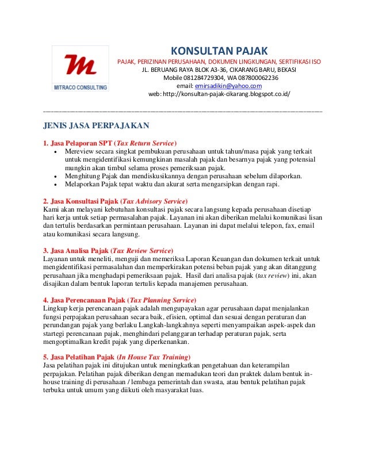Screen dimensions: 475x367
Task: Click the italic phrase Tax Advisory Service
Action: pos(154,201)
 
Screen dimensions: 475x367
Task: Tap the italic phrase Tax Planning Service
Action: pos(162,300)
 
